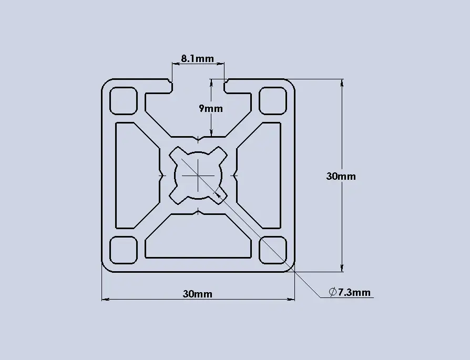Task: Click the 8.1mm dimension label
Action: coord(198,58)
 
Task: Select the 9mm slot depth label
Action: coord(211,109)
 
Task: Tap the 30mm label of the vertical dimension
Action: coord(341,176)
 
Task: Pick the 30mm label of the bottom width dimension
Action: coord(198,294)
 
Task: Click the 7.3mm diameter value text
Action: coord(354,292)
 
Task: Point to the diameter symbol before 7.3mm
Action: coord(332,292)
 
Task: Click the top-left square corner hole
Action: coord(123,100)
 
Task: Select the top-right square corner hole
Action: coord(273,100)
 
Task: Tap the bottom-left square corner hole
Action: coord(123,250)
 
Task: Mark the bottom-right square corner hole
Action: coord(273,250)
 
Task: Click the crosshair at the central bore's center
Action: coord(198,175)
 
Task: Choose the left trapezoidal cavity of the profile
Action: coord(136,175)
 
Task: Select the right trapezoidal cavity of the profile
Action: coord(261,175)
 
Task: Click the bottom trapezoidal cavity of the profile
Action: coord(198,239)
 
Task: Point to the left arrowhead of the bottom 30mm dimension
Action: coord(104,300)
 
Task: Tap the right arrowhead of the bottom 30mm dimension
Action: coord(292,300)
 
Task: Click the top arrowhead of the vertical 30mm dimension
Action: coord(342,82)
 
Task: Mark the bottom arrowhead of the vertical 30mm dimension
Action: coord(342,269)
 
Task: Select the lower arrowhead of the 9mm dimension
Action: coord(211,133)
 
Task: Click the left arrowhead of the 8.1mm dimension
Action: coord(175,64)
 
